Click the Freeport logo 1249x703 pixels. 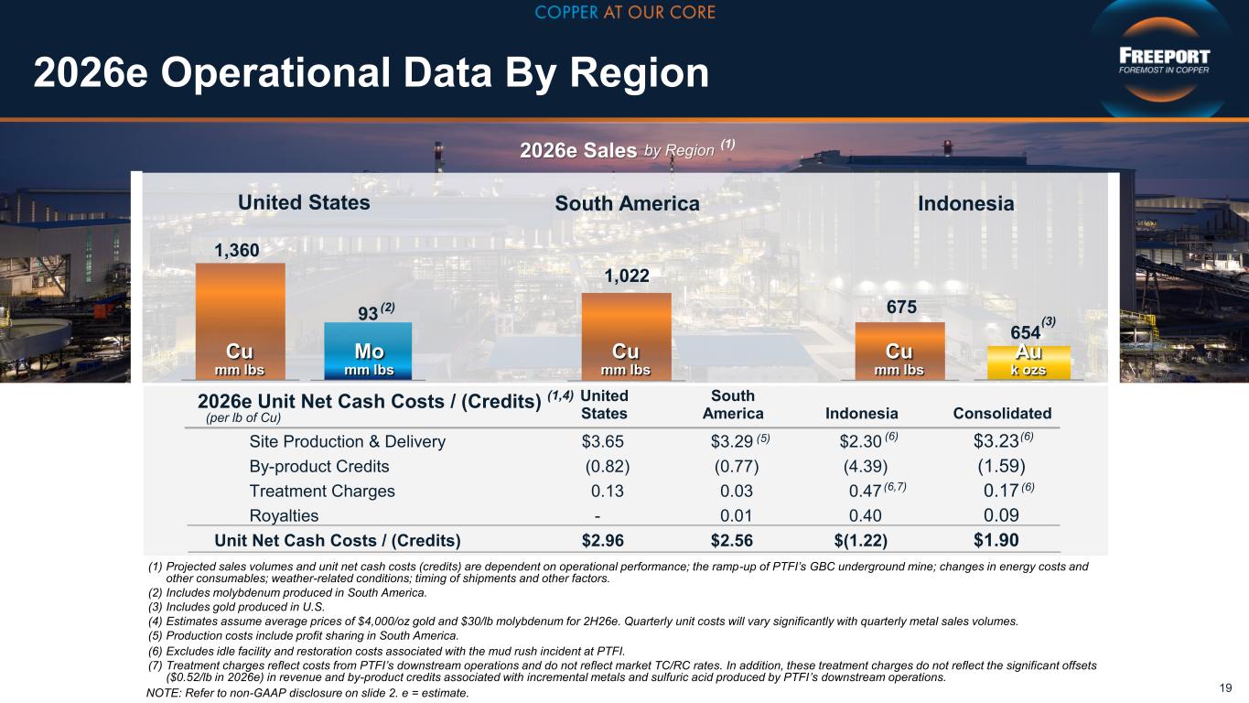[1164, 60]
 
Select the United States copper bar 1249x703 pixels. [241, 321]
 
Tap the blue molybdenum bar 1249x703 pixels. [368, 351]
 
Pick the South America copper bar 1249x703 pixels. [626, 337]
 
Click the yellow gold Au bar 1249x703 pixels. [1028, 362]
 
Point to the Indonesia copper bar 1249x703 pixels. [900, 351]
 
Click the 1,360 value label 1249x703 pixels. [237, 251]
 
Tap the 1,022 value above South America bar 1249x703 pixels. [627, 276]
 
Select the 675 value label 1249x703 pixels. [901, 307]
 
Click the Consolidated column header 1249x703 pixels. [1002, 414]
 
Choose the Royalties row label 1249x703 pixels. [284, 515]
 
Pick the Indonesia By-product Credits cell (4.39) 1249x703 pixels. [866, 467]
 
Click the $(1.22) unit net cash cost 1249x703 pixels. [860, 540]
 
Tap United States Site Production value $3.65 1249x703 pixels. [603, 441]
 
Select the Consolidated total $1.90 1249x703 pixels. [996, 540]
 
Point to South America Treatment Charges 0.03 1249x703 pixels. [737, 491]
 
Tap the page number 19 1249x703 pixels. [1225, 688]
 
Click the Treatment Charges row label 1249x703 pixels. [322, 491]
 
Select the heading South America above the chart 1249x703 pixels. [628, 203]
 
